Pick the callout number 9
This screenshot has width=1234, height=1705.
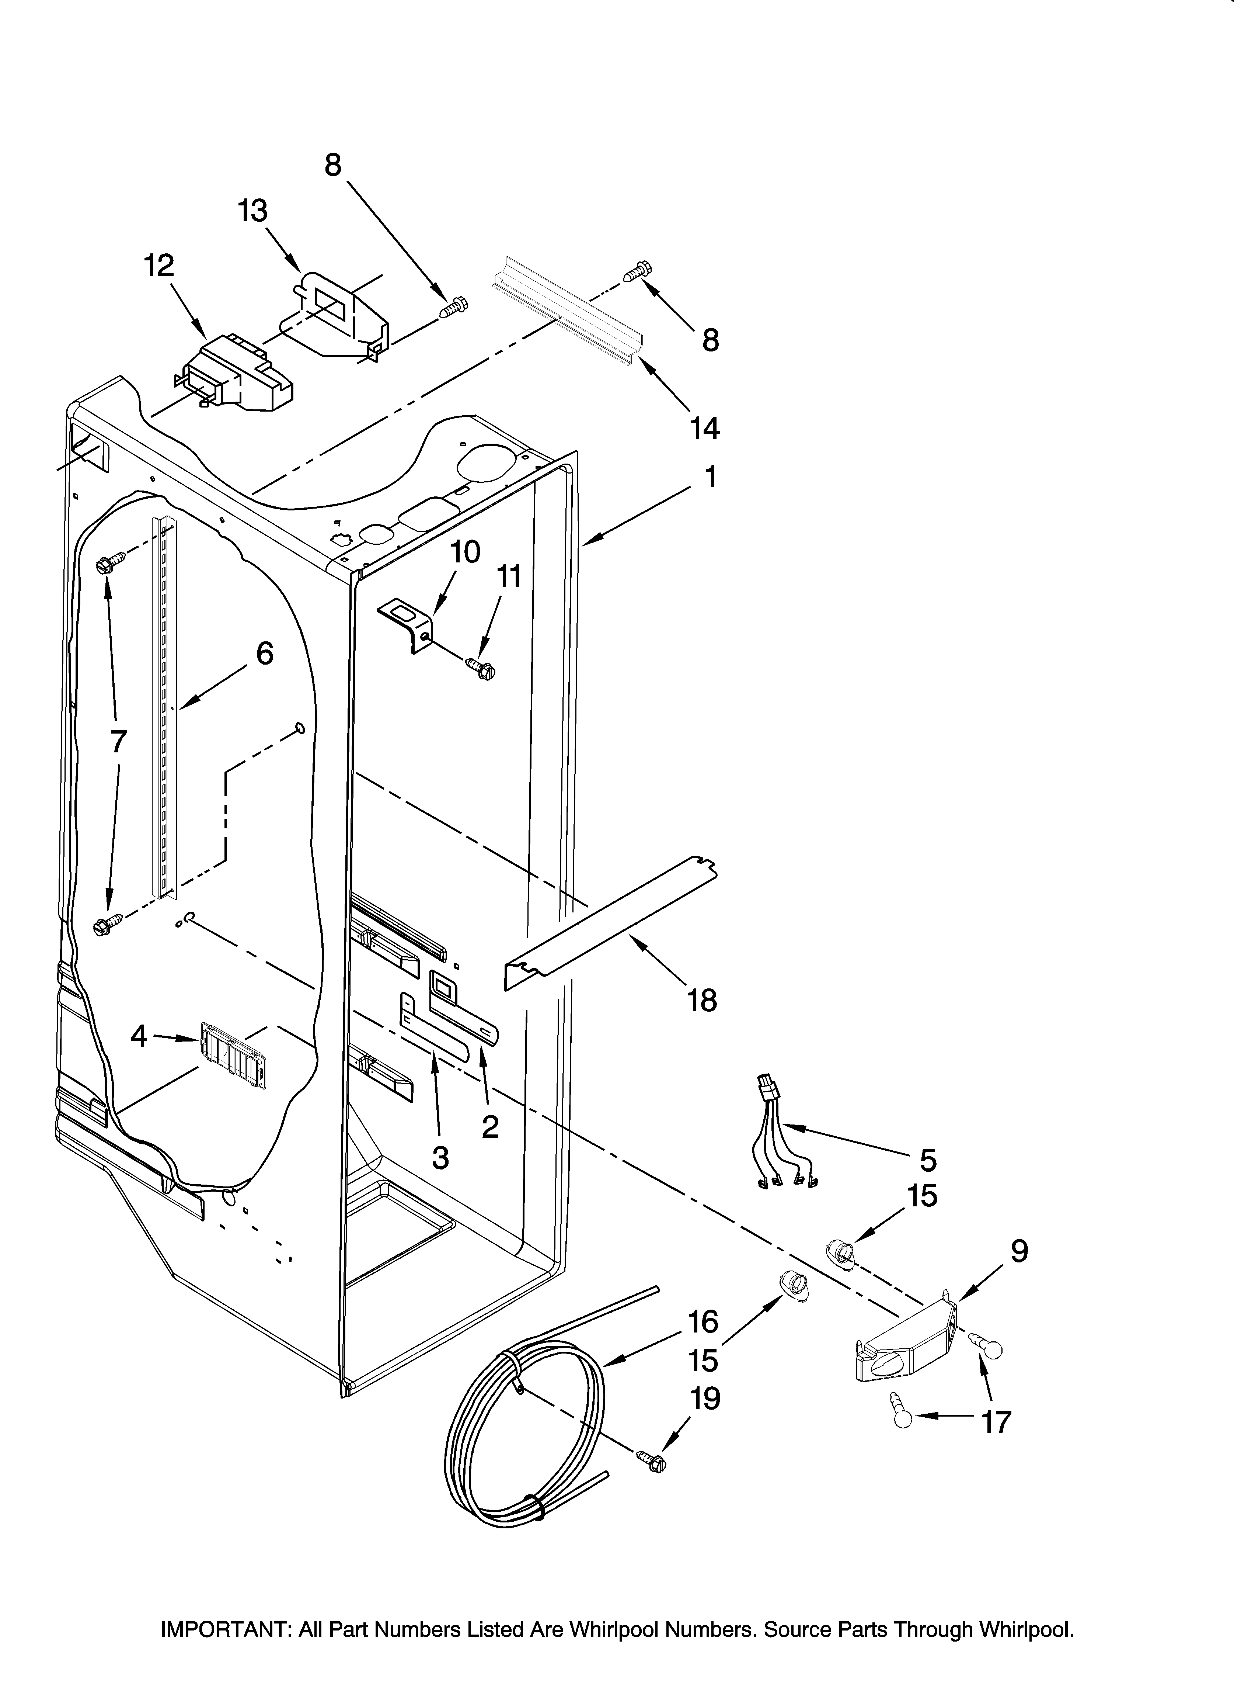point(1019,1251)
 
